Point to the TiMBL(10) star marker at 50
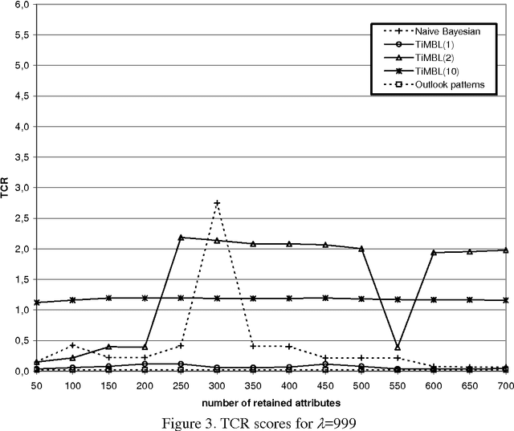click(36, 303)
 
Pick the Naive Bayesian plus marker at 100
click(72, 345)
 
